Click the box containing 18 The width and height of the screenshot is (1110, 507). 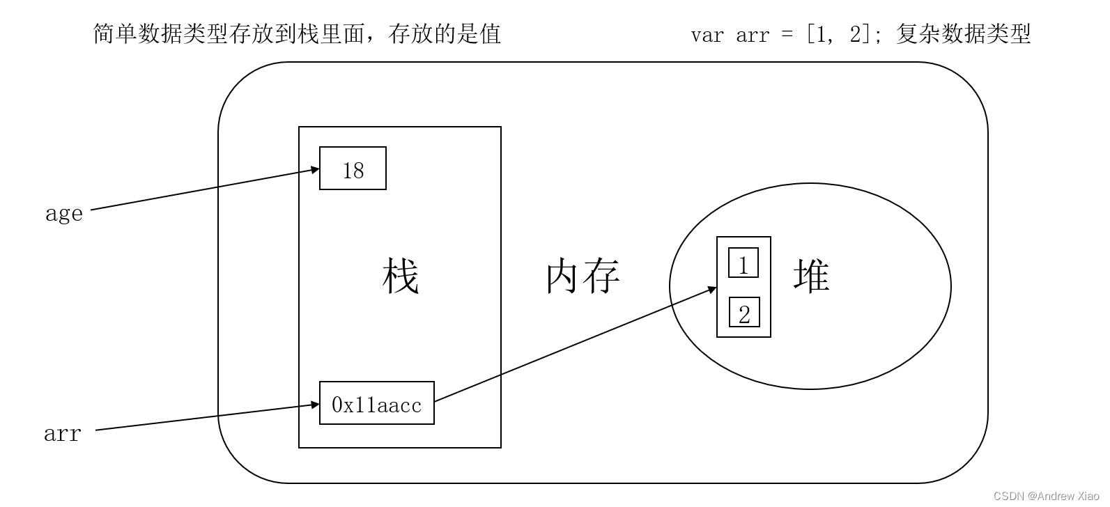coord(353,169)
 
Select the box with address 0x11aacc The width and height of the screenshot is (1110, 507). coord(376,403)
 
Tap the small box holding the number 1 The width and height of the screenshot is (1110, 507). coord(743,263)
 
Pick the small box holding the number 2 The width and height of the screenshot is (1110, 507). coord(743,313)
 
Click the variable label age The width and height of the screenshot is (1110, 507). coord(64,213)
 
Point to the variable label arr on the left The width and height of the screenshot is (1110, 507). coord(63,434)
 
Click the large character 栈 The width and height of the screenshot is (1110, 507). coord(400,276)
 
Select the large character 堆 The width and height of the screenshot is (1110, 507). coord(811,275)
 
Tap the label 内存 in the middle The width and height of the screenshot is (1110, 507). coord(583,276)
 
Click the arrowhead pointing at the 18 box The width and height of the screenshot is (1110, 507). coord(315,169)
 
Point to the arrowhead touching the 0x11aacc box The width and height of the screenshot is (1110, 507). coord(315,405)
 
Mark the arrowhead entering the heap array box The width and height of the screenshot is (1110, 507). coord(712,288)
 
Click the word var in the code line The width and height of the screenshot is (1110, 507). coord(707,35)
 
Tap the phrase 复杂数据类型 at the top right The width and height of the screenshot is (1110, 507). coord(963,33)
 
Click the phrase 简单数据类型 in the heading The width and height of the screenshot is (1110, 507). coord(160,33)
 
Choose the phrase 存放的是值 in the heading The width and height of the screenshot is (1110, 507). coord(445,33)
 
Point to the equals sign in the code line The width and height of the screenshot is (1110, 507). coord(787,35)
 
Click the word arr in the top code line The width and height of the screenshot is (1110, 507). coord(753,35)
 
